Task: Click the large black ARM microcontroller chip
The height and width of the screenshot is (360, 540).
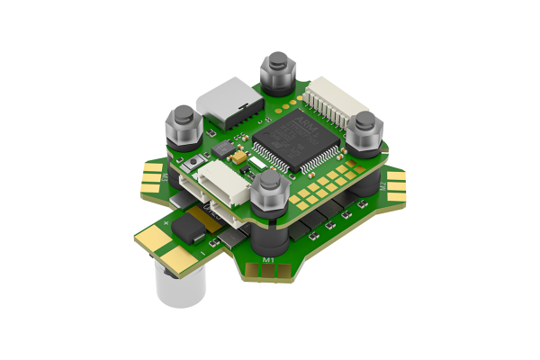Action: pos(286,139)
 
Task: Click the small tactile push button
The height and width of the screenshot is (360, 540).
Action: pos(195,162)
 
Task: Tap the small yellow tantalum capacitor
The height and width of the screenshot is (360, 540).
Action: pos(240,157)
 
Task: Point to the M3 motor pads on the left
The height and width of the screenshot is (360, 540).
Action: pos(154,176)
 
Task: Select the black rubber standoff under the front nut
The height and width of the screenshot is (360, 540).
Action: pos(268,234)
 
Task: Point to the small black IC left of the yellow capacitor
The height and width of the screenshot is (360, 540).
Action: pos(223,146)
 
